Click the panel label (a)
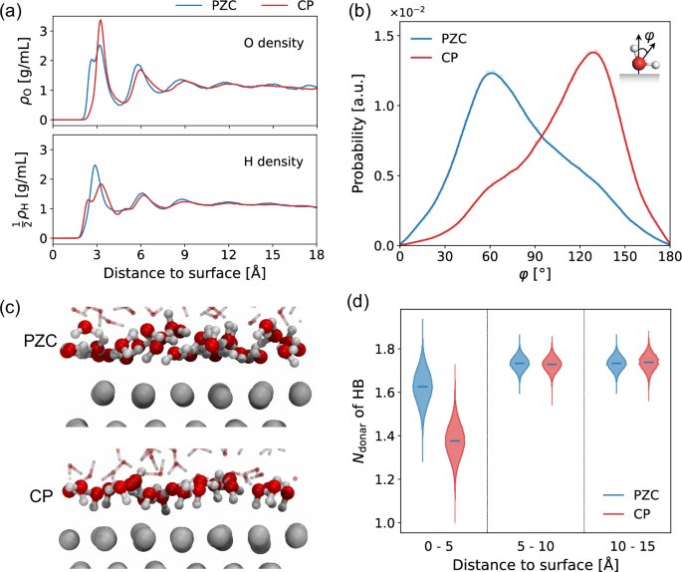[x=13, y=12]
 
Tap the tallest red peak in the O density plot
[x=100, y=21]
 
